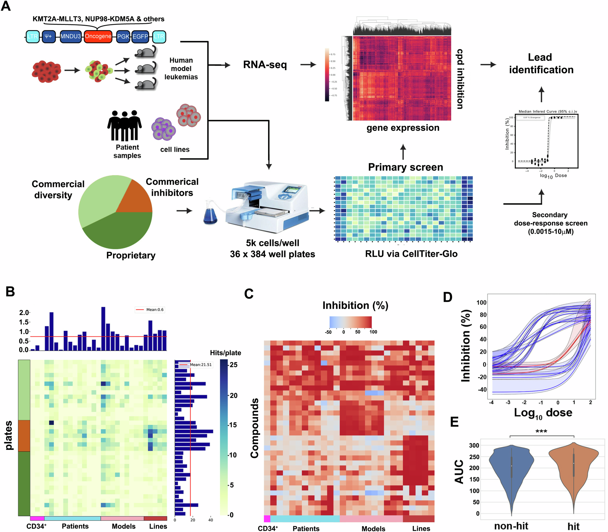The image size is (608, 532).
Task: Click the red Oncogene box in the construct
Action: point(98,36)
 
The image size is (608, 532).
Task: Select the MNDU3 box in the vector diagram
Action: point(71,36)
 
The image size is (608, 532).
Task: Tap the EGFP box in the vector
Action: point(140,36)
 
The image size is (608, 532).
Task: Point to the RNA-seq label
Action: point(265,65)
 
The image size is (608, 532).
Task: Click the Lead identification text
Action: point(541,64)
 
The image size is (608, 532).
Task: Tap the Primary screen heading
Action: point(406,167)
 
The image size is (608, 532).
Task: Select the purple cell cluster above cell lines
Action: point(164,129)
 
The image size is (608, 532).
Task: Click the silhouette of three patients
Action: point(124,126)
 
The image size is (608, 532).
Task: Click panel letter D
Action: point(447,297)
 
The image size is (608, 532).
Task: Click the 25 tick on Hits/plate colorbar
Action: point(233,364)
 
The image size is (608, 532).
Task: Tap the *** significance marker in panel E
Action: point(541,432)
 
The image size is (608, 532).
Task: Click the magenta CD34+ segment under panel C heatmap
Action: point(267,519)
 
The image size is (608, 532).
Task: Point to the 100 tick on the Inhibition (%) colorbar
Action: point(373,332)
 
